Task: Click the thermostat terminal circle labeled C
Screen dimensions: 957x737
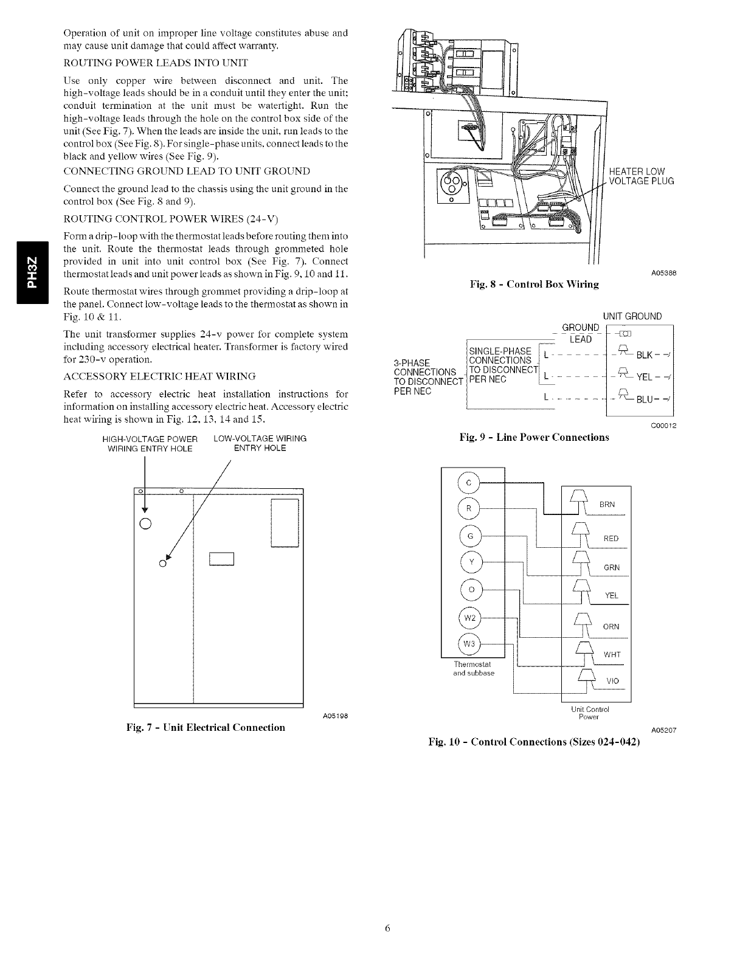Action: (468, 483)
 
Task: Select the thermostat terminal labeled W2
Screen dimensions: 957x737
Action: (468, 618)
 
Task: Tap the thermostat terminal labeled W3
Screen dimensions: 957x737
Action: (468, 644)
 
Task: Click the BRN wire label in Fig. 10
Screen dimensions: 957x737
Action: (607, 505)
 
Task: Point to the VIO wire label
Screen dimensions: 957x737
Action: (612, 681)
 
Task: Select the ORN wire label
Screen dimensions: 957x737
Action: (611, 627)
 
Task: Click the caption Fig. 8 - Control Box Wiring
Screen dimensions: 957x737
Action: (535, 284)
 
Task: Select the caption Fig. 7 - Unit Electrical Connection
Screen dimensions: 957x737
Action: (206, 727)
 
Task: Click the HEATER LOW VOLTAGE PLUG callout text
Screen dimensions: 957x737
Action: (641, 176)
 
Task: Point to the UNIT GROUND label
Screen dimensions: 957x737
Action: (632, 316)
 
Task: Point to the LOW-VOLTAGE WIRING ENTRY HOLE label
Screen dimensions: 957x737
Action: (260, 443)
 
